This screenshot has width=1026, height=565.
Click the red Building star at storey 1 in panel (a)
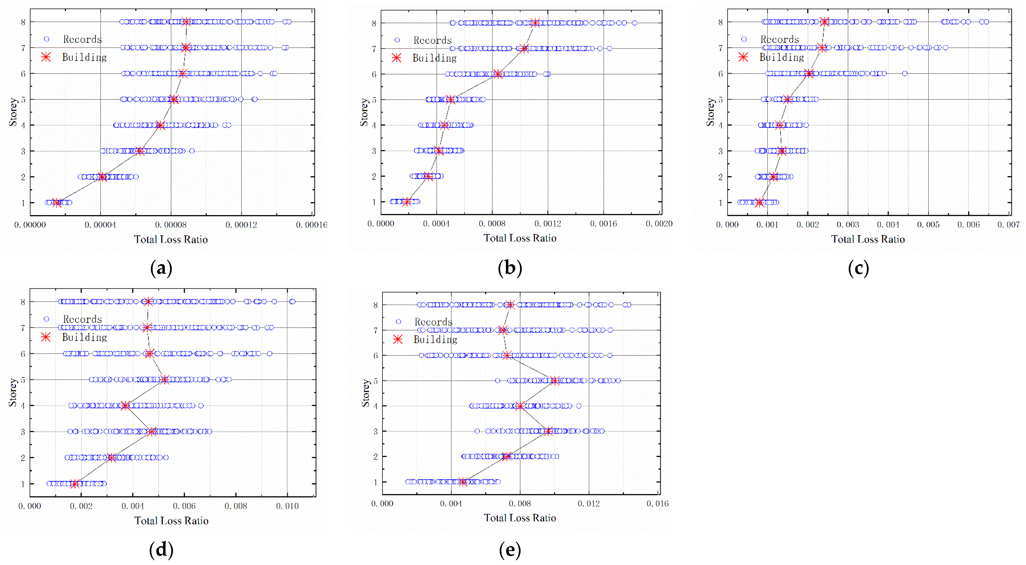[x=57, y=203]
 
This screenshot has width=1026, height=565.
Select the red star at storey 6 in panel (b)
[x=498, y=74]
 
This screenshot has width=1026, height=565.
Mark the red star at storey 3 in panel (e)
[x=548, y=431]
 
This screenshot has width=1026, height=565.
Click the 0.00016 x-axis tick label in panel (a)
[x=311, y=225]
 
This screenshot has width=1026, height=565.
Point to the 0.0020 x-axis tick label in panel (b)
[x=659, y=224]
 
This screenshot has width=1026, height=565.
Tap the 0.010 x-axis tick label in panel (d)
[x=287, y=506]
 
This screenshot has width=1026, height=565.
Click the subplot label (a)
[x=161, y=268]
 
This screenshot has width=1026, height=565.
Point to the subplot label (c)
[x=858, y=268]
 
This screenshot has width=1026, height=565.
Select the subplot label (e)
[x=510, y=550]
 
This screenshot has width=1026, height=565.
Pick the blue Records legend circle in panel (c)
[x=744, y=39]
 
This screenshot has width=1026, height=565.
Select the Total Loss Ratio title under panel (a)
[x=171, y=239]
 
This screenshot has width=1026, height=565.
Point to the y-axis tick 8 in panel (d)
[x=23, y=302]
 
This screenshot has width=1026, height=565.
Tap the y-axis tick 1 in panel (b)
[x=374, y=202]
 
